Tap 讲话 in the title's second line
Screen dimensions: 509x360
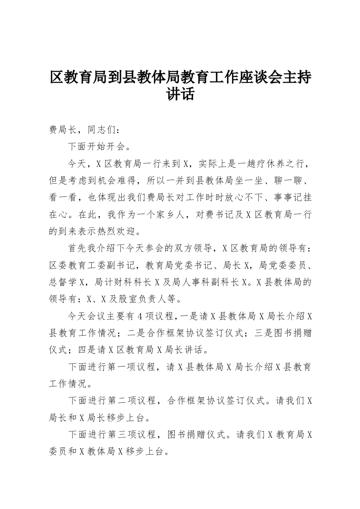[x=180, y=94]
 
